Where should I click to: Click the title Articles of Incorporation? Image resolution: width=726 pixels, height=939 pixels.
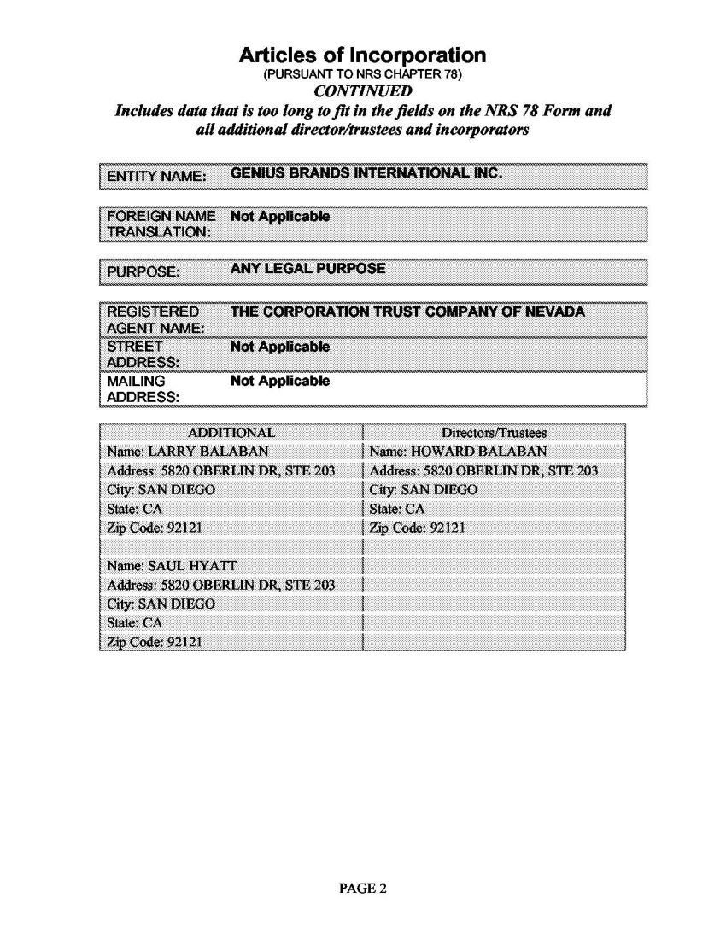363,56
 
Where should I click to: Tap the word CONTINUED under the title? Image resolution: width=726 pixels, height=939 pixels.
363,91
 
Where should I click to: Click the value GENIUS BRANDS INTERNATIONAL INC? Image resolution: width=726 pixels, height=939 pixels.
367,174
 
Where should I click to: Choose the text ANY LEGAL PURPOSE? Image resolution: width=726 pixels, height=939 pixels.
307,269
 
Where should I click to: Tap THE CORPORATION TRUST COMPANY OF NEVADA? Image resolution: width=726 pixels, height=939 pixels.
407,312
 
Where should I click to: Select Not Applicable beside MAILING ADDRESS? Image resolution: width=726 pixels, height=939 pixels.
280,381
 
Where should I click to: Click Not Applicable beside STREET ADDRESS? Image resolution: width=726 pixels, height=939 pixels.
280,347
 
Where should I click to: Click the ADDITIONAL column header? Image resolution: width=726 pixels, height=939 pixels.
231,433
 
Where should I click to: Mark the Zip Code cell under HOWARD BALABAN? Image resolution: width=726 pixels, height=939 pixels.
419,527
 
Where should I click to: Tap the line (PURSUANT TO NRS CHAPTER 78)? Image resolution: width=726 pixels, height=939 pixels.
363,74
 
